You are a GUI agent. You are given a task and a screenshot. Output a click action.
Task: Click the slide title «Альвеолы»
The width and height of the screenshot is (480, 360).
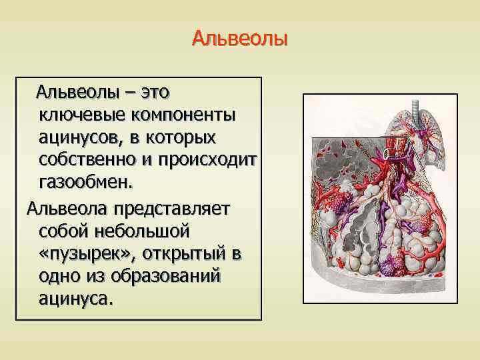(239, 38)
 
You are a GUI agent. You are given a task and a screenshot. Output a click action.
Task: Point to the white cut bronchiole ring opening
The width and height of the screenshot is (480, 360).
(388, 155)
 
